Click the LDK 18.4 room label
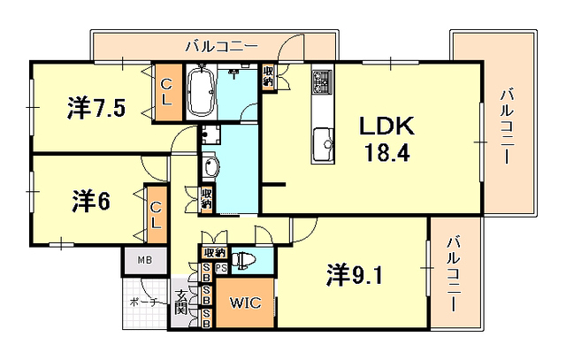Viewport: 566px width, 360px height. pyautogui.click(x=385, y=139)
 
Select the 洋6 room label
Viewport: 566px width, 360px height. pyautogui.click(x=90, y=201)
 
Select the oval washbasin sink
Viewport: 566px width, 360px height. pyautogui.click(x=210, y=168)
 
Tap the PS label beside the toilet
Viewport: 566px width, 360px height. pyautogui.click(x=221, y=268)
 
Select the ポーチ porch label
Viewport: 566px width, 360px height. pyautogui.click(x=141, y=303)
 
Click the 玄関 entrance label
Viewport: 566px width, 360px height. pyautogui.click(x=180, y=303)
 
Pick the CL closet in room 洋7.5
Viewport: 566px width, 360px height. pyautogui.click(x=165, y=91)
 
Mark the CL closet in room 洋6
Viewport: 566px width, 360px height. pyautogui.click(x=155, y=215)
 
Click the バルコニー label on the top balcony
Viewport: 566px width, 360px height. pyautogui.click(x=221, y=45)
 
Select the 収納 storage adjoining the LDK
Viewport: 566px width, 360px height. pyautogui.click(x=268, y=79)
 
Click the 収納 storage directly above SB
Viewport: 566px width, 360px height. pyautogui.click(x=214, y=252)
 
